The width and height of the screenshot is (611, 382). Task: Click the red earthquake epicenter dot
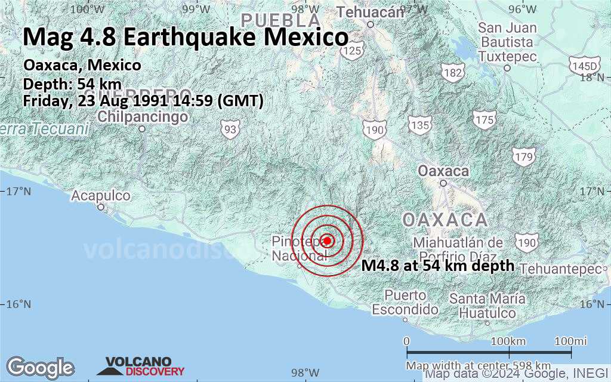coord(327,241)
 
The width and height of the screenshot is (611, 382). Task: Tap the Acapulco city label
coord(101,195)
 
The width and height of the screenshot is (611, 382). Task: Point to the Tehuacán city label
coord(370,12)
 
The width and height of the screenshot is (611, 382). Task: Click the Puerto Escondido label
coord(405,303)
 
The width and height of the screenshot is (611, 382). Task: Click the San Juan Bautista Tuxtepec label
coord(507,42)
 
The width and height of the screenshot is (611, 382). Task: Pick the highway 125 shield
coord(351,51)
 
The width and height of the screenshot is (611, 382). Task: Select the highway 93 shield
coord(230,128)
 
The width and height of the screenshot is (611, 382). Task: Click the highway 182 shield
coord(453,72)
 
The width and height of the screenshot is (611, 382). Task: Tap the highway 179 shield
coord(523,157)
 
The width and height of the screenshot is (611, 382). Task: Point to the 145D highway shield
coord(584,65)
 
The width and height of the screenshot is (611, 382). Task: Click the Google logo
coord(40,366)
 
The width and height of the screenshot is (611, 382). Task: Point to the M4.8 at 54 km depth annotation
coord(438,266)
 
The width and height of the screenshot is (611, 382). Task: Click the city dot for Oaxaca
coord(443,183)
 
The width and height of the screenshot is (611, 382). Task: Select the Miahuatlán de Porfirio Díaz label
coord(458,249)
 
